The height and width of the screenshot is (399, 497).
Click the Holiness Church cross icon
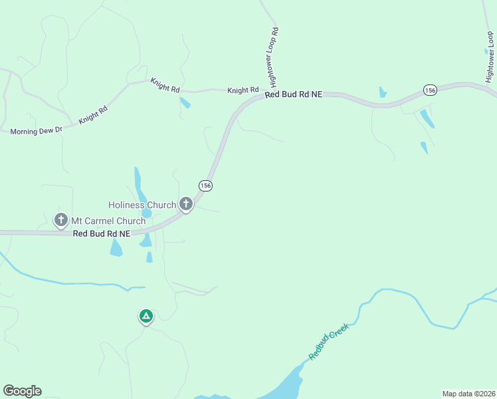point(186,204)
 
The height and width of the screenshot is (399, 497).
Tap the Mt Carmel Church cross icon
point(61,219)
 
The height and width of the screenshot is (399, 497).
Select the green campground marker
point(146,316)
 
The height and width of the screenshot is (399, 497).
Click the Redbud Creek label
point(328,341)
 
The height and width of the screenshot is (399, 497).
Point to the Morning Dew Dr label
point(36,131)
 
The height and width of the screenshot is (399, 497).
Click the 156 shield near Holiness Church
point(205,186)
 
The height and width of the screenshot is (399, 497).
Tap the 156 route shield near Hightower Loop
point(430,90)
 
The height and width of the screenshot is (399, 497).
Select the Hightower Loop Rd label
point(274,57)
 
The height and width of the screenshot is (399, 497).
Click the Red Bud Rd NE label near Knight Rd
point(293,95)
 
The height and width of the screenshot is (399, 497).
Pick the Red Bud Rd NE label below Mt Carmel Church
point(101,233)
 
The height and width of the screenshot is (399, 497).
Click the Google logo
point(22,391)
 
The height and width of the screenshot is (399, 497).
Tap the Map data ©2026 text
point(468,394)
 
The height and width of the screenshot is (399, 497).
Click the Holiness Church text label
point(143,205)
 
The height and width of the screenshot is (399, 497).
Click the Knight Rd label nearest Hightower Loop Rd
point(243,90)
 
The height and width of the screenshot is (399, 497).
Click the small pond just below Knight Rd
point(185,102)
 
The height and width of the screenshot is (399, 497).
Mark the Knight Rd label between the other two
point(165,84)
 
